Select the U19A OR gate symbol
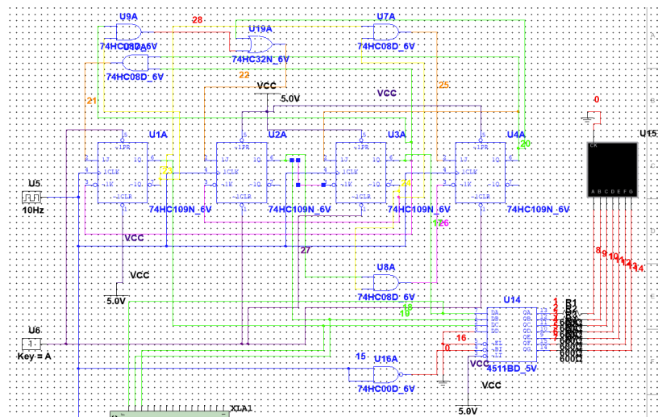click(260, 44)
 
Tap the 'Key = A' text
click(33, 356)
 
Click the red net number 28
click(197, 19)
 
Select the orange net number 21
click(91, 101)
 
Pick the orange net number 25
click(443, 84)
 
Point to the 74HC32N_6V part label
click(260, 60)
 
